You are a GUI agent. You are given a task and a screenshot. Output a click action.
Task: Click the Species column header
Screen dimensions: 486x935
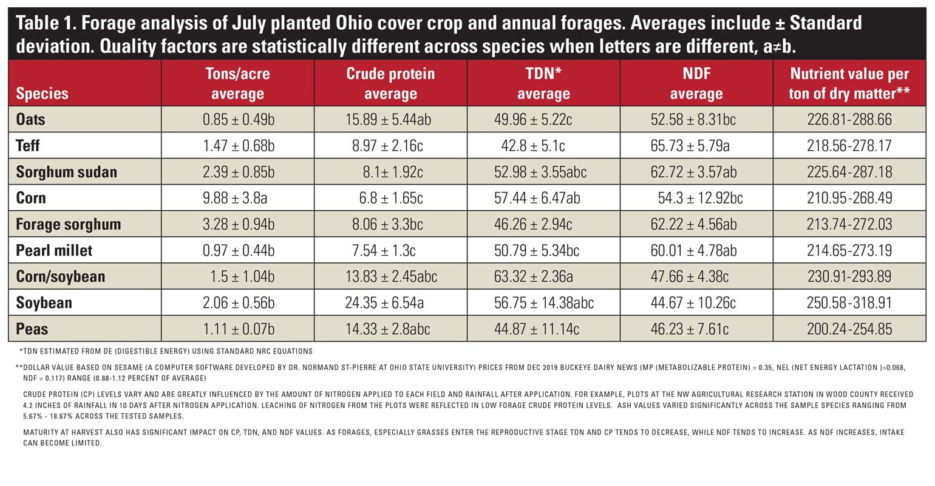pos(42,94)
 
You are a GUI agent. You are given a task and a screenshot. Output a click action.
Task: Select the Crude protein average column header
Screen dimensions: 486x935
pos(390,84)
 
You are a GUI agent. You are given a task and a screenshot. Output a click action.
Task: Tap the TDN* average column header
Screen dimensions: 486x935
pos(543,84)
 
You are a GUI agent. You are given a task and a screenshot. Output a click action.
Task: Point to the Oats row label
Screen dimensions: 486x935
pos(30,119)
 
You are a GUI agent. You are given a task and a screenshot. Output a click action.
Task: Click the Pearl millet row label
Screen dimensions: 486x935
pos(54,250)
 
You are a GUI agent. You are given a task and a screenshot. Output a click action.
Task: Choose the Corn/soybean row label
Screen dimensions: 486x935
pos(60,276)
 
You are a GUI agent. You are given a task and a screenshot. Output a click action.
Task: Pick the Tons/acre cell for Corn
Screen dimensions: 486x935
pos(238,198)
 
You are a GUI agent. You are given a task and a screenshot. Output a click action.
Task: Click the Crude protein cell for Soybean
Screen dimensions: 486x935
pos(390,303)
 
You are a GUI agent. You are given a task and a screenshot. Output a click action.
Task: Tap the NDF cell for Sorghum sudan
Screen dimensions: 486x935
pos(693,172)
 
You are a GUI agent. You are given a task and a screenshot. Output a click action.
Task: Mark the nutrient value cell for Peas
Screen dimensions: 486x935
pos(849,329)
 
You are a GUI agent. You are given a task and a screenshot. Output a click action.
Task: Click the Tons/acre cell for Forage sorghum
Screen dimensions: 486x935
pos(238,224)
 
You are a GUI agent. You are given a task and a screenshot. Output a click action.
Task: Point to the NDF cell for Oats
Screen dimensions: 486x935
pos(693,120)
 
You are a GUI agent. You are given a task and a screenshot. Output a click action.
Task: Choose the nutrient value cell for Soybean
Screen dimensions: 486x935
pos(849,303)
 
